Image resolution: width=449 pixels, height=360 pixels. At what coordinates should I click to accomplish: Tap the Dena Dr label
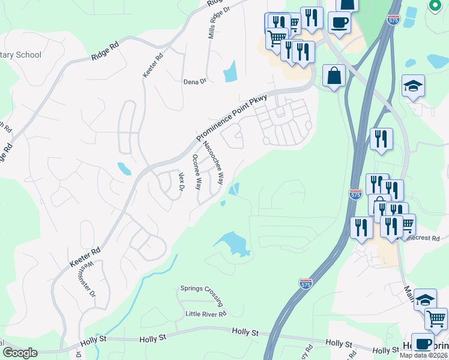[194, 81]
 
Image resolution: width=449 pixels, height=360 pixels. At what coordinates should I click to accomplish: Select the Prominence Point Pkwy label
[232, 117]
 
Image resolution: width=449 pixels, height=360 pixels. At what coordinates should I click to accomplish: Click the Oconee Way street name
[196, 172]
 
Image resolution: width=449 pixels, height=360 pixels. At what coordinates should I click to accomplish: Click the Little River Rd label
[205, 314]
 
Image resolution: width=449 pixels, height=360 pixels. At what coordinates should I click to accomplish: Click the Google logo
[19, 353]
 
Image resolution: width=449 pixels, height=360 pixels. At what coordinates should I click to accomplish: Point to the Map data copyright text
[423, 355]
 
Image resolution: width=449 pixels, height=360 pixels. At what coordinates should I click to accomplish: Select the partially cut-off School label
[21, 55]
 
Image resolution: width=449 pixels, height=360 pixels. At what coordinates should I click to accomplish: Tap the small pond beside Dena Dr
[231, 72]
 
